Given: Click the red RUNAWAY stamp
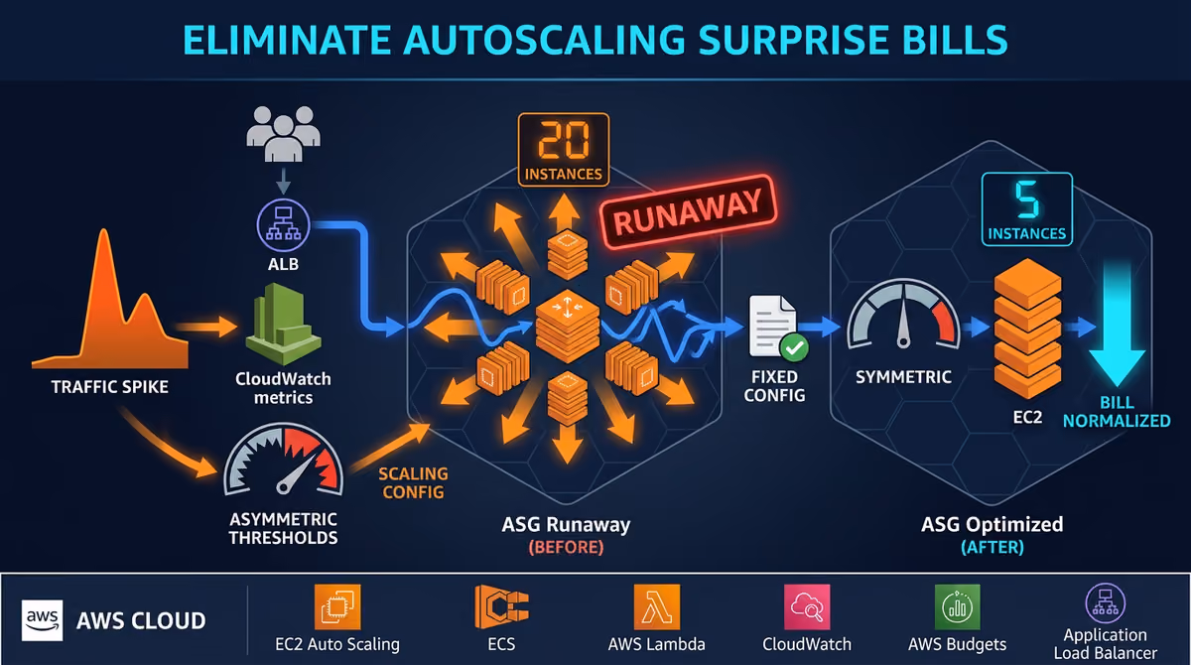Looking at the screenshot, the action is pyautogui.click(x=689, y=212).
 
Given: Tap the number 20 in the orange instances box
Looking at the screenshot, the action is pyautogui.click(x=564, y=140).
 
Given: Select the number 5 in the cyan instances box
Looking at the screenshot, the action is pyautogui.click(x=1026, y=199).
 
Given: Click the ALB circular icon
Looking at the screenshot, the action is pyautogui.click(x=284, y=225).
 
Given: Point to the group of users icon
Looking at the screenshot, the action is pyautogui.click(x=284, y=133).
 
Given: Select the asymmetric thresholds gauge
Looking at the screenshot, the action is pyautogui.click(x=284, y=460).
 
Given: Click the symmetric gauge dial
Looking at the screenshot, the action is pyautogui.click(x=903, y=316).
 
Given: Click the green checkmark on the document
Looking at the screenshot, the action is pyautogui.click(x=794, y=348).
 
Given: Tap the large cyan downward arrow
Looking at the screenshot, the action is pyautogui.click(x=1117, y=325).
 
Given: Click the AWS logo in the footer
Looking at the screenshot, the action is pyautogui.click(x=42, y=620).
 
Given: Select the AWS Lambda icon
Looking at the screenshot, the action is pyautogui.click(x=657, y=606).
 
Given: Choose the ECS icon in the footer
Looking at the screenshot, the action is pyautogui.click(x=501, y=606).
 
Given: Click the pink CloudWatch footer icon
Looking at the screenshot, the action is pyautogui.click(x=807, y=606).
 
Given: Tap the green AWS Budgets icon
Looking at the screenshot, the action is pyautogui.click(x=957, y=606).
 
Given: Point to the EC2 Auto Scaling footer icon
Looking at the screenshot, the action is pyautogui.click(x=337, y=606).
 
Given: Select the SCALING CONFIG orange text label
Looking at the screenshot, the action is pyautogui.click(x=413, y=482).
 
